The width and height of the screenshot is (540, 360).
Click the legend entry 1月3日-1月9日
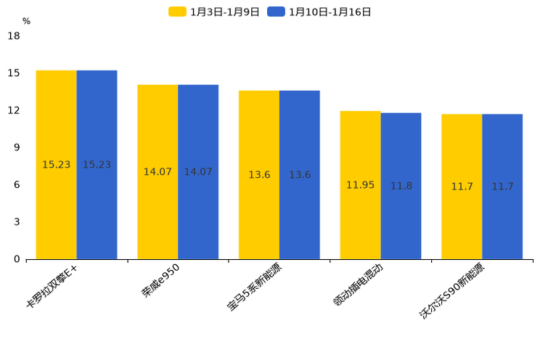point(214,12)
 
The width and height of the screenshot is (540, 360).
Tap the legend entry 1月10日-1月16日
point(319,12)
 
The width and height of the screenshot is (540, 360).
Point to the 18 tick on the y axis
point(14,36)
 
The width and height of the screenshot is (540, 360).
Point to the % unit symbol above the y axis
point(26,21)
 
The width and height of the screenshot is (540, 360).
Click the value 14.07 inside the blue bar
point(198,172)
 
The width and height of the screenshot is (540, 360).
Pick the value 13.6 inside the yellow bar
point(259,175)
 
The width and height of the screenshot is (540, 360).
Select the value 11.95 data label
point(360,185)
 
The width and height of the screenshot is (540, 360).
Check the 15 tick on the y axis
point(14,73)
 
